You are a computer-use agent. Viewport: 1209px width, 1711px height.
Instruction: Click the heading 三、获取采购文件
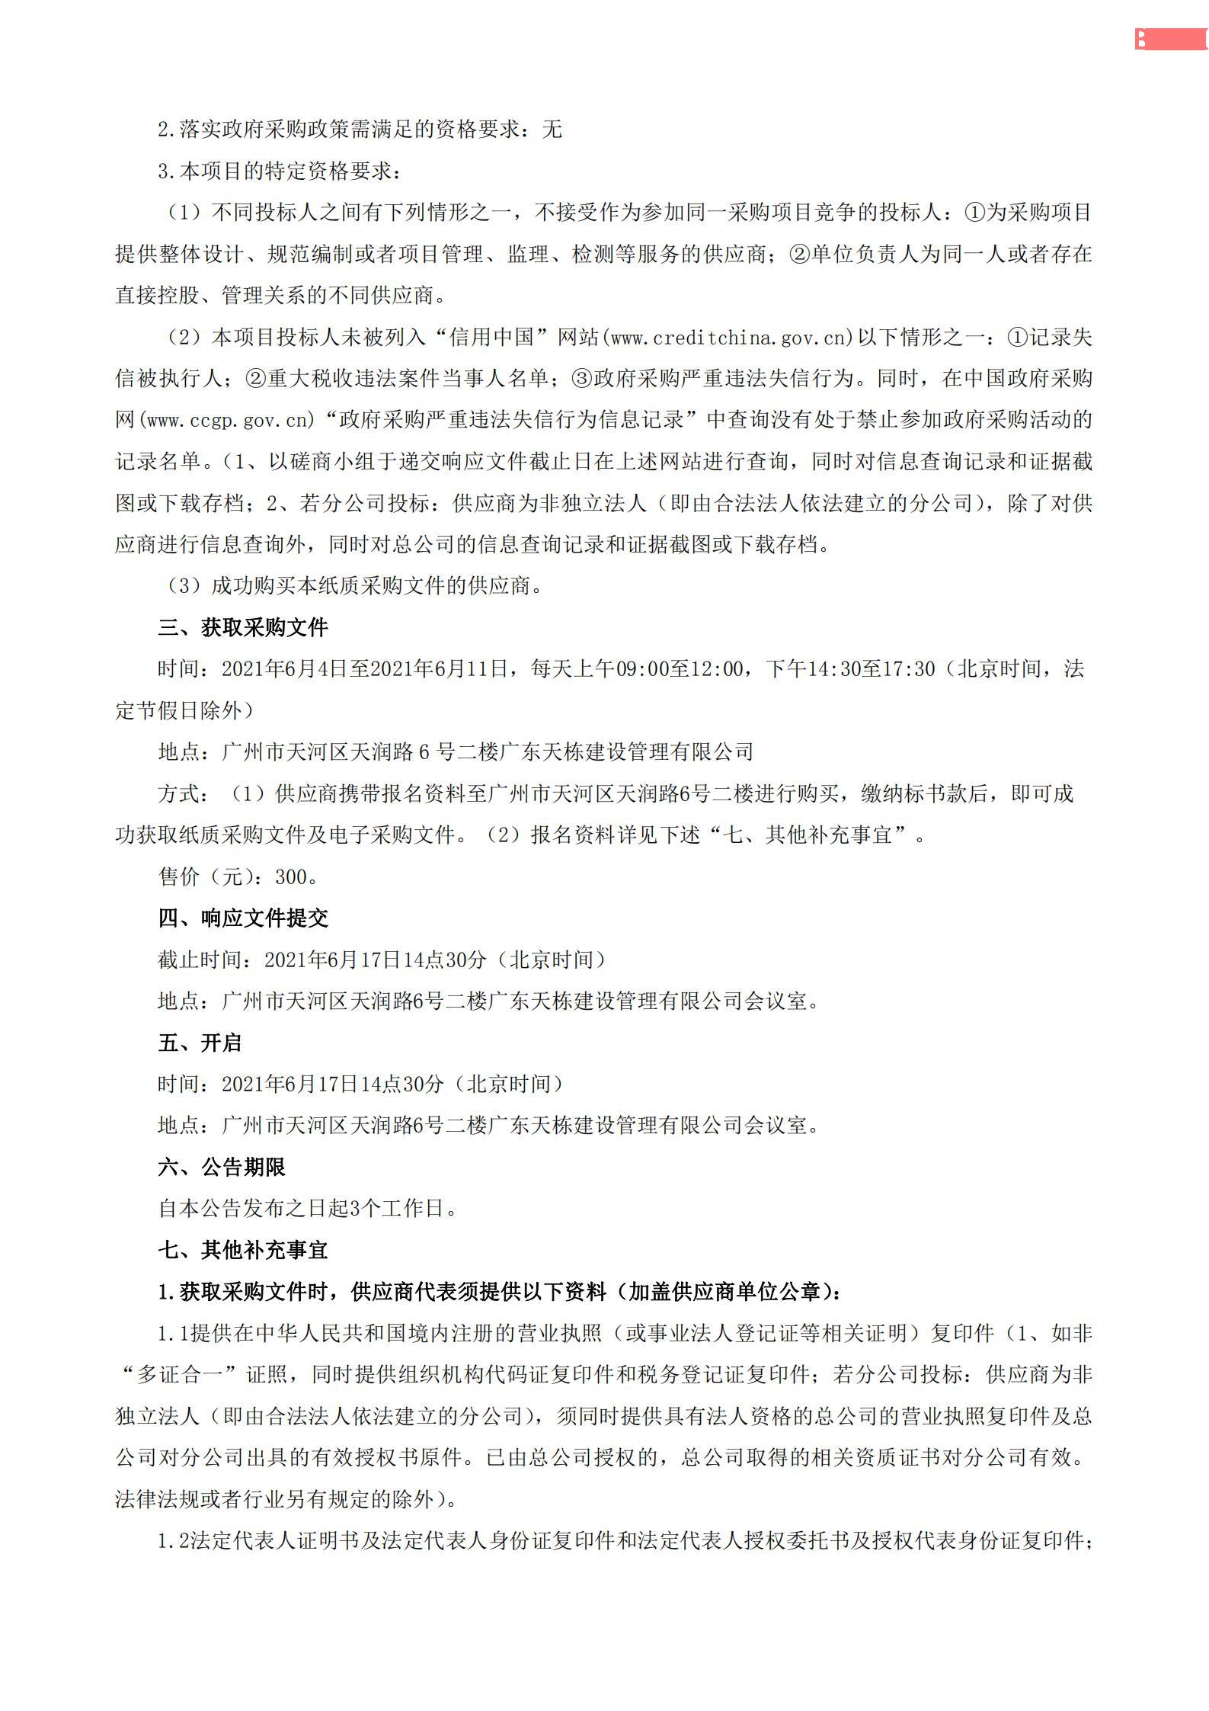click(243, 628)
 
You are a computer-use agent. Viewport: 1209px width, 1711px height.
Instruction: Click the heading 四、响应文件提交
click(243, 918)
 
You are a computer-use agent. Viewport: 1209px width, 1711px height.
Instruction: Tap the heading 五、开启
click(200, 1043)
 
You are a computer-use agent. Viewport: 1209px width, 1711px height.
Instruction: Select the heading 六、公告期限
click(222, 1168)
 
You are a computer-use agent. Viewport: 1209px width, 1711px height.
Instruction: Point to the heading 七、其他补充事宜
click(243, 1251)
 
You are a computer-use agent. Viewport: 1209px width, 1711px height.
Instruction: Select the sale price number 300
click(290, 877)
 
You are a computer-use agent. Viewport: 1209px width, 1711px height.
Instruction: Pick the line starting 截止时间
click(382, 960)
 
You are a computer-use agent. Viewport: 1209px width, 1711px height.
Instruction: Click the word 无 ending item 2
click(552, 130)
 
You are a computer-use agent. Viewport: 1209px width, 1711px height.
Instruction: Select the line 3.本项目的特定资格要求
click(279, 171)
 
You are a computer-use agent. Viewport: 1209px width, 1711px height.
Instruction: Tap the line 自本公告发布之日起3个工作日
click(307, 1209)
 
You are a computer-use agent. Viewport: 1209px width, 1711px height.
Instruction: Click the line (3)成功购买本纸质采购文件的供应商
click(355, 586)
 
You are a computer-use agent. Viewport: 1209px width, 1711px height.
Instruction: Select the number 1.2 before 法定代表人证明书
click(173, 1541)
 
